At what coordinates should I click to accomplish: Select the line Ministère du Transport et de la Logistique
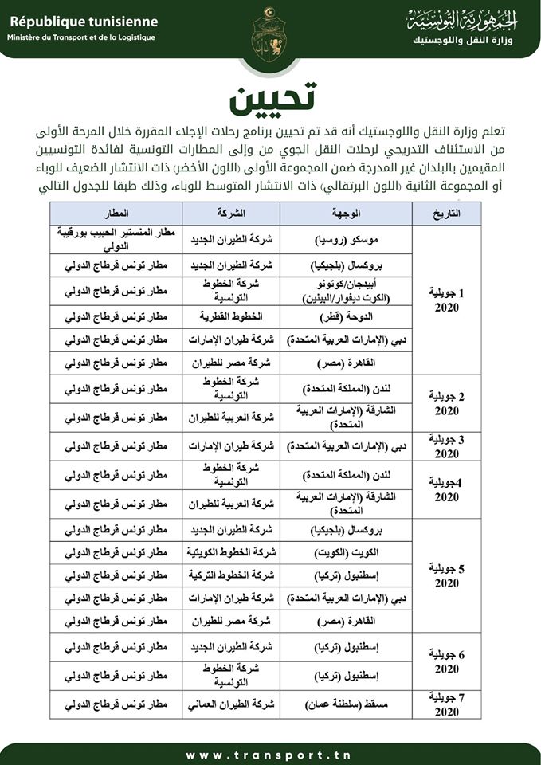[81, 37]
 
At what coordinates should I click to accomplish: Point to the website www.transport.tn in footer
[270, 755]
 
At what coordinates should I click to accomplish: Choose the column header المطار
[116, 214]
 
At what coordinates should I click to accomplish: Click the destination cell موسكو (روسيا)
[345, 238]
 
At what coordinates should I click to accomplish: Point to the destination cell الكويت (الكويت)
[345, 552]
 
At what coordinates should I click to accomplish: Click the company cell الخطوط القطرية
[231, 316]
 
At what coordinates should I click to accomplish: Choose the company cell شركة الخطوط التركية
[231, 575]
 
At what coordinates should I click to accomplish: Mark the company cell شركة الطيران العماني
[231, 704]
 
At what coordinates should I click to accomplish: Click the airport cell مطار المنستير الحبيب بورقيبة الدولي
[116, 238]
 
